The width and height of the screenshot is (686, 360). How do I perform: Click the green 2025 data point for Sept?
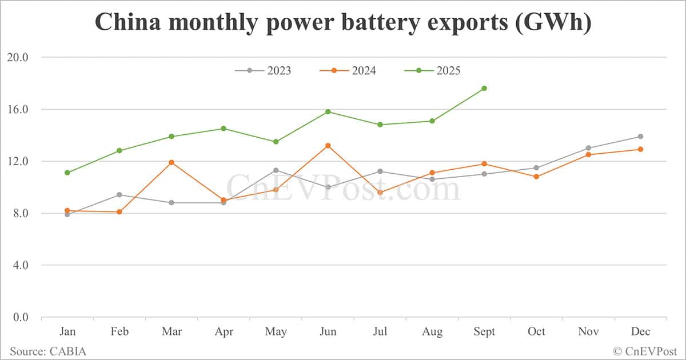(484, 88)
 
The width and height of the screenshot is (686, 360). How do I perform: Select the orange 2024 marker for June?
(328, 146)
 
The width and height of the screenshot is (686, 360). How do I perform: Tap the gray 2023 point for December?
(640, 137)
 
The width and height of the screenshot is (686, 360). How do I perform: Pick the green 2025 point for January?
(67, 173)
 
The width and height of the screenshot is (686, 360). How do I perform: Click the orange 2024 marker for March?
(171, 162)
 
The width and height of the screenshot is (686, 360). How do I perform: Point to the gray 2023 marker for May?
(276, 170)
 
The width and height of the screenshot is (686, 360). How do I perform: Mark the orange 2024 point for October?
(536, 177)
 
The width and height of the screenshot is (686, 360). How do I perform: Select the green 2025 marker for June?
(328, 111)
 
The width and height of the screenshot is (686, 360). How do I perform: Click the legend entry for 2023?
(263, 71)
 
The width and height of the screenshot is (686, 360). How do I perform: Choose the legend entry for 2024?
(348, 71)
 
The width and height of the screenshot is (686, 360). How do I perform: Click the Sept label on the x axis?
(484, 332)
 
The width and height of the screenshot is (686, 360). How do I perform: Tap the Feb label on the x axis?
(119, 332)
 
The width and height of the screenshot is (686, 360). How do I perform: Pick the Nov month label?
(588, 332)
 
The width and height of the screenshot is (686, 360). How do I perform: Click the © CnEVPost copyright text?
(645, 351)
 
